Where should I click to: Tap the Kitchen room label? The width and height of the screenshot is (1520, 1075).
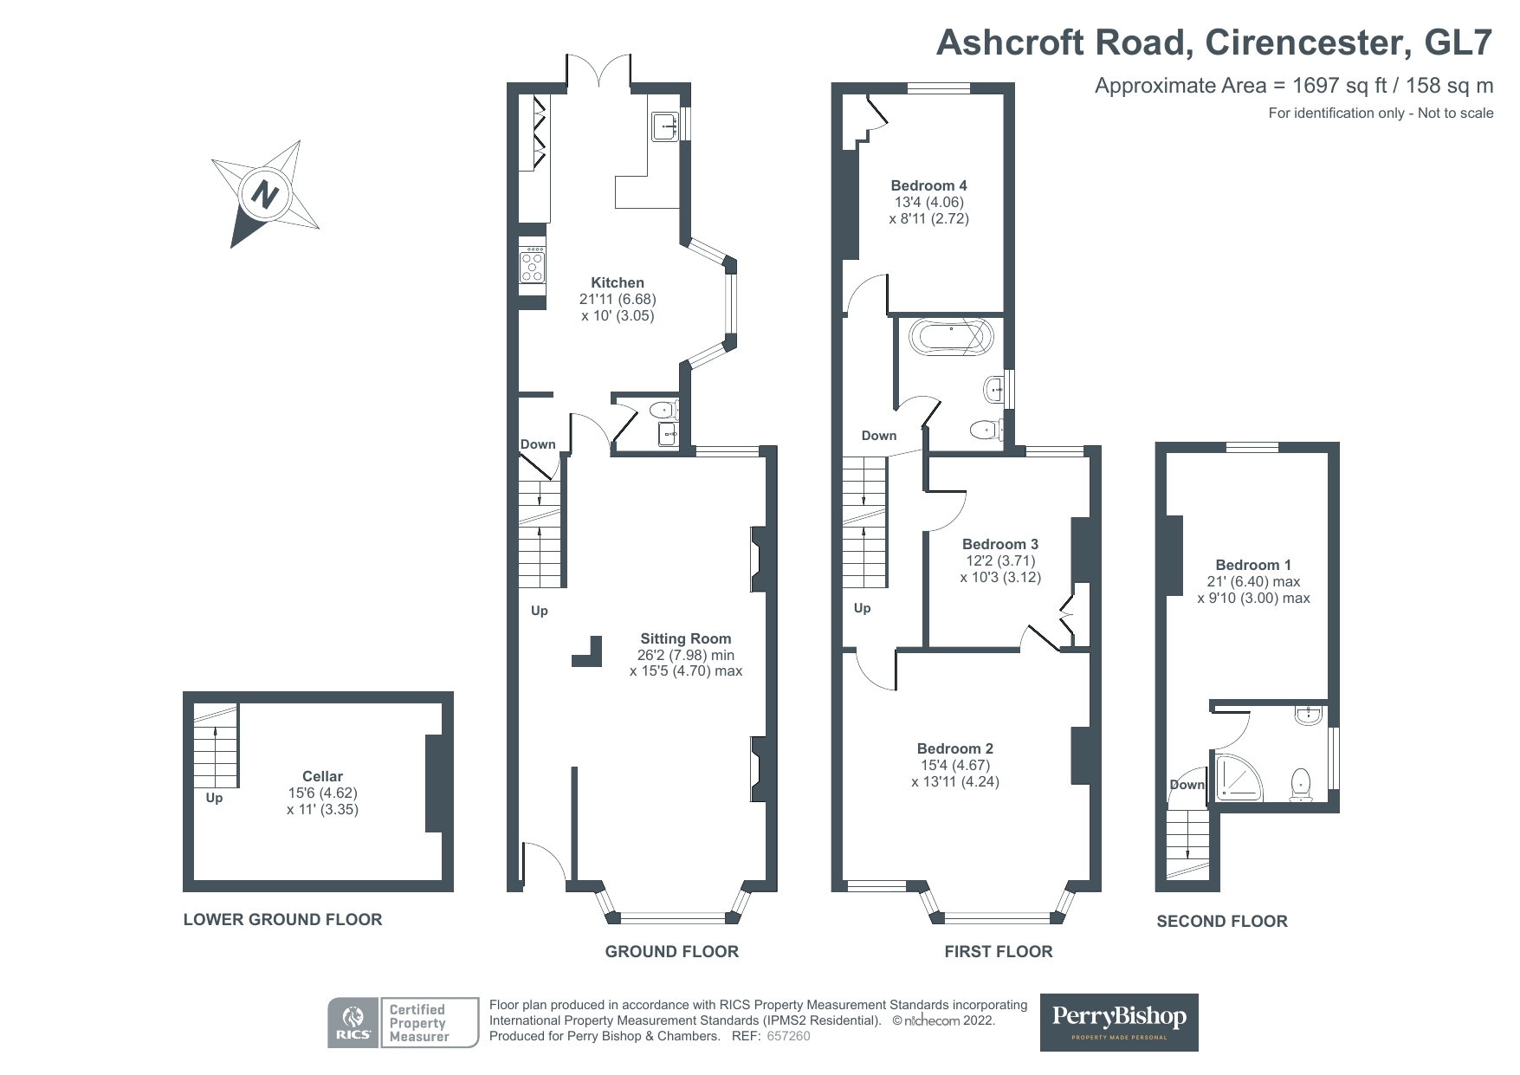point(618,282)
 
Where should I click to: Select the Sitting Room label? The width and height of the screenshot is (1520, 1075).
point(686,639)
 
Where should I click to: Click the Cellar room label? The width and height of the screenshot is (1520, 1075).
point(322,777)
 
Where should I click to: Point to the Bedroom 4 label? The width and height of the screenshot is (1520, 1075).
point(929,185)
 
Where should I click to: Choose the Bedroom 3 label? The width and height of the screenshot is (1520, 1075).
point(1000,544)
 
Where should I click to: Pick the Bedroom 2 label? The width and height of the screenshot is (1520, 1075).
point(955,748)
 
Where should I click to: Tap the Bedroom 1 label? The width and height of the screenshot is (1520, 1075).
point(1254,565)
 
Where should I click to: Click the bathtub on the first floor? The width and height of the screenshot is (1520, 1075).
point(950,336)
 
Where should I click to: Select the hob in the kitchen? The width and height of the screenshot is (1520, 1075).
point(532,265)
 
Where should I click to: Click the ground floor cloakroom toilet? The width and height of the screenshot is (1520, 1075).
point(666,410)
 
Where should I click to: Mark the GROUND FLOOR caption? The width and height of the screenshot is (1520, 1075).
point(672,951)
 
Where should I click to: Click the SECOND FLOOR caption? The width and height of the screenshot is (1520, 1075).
point(1222,921)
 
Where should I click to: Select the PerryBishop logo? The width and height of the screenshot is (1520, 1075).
point(1119,1022)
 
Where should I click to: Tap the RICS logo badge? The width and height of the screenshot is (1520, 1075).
point(353,1023)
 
